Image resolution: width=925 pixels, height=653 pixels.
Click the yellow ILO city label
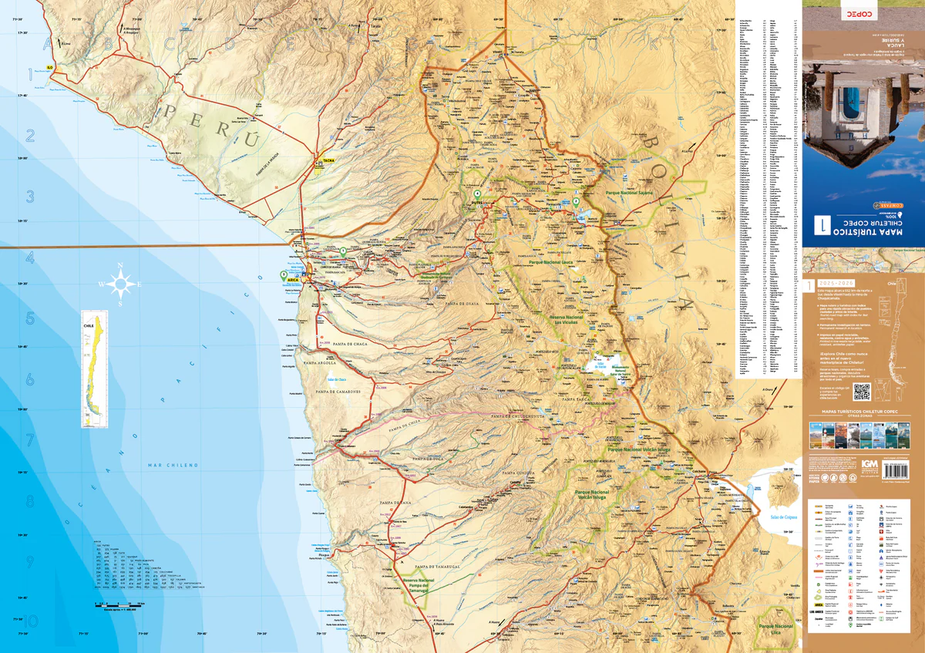pos(50,68)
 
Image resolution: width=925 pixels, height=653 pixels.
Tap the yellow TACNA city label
pos(328,160)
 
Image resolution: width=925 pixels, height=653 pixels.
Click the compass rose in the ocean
pos(120,284)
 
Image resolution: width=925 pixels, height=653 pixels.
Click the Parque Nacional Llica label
pos(775,629)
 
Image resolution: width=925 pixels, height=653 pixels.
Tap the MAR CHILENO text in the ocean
pos(173,465)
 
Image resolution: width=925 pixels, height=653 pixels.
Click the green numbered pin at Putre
pos(477,194)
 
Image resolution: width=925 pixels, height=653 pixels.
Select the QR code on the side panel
pos(861,391)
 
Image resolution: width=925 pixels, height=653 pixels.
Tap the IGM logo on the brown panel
pos(869,464)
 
